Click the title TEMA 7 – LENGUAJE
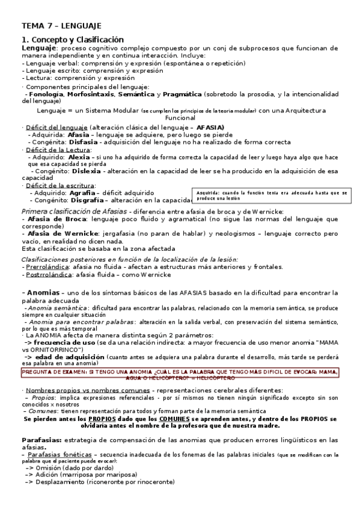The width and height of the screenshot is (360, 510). [61, 26]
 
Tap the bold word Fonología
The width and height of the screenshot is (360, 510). [46, 94]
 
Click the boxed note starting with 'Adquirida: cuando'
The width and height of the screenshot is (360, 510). [272, 195]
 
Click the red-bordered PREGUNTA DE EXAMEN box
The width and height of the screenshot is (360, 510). [180, 374]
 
